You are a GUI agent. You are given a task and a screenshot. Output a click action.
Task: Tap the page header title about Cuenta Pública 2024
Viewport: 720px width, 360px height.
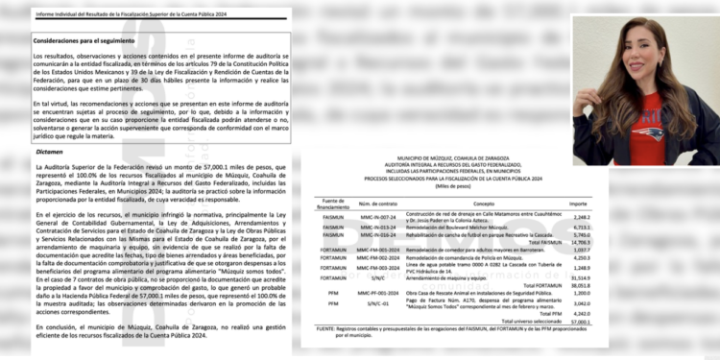131,15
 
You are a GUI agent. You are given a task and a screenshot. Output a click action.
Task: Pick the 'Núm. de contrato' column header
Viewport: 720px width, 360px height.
377,204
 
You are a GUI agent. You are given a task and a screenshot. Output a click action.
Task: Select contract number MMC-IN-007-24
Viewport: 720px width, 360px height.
377,217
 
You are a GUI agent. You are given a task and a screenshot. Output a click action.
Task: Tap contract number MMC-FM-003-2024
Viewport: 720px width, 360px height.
377,268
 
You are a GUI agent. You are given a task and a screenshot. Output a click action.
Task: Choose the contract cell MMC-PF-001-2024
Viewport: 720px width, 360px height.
377,293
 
